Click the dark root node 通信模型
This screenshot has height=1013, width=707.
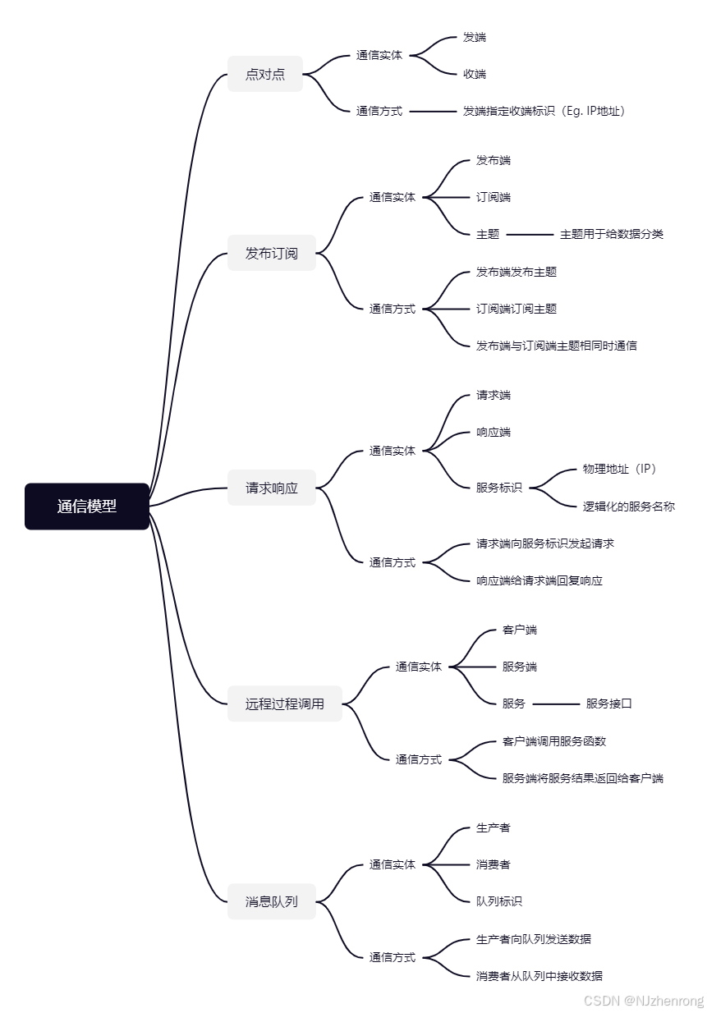(87, 506)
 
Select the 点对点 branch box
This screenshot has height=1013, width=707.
(265, 74)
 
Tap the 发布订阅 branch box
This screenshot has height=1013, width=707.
(272, 253)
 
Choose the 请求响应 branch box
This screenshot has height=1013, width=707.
(272, 488)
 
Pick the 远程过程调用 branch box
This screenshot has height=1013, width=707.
(285, 704)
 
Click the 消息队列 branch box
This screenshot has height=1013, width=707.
(272, 901)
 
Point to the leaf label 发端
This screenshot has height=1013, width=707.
(475, 37)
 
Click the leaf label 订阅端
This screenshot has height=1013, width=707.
(494, 197)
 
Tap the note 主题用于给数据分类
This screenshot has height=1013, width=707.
(612, 234)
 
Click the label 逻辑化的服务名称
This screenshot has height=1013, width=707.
(629, 506)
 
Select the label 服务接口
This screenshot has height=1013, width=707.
(609, 704)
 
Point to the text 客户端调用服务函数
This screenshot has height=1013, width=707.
(554, 741)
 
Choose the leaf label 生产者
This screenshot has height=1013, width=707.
(494, 827)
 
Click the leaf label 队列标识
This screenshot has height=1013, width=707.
(499, 901)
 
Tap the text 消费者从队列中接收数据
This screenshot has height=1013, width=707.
(539, 976)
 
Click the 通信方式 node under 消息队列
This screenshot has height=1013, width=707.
(393, 957)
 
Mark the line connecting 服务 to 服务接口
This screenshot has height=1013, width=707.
(556, 704)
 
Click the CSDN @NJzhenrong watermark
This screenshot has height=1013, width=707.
(644, 1001)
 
